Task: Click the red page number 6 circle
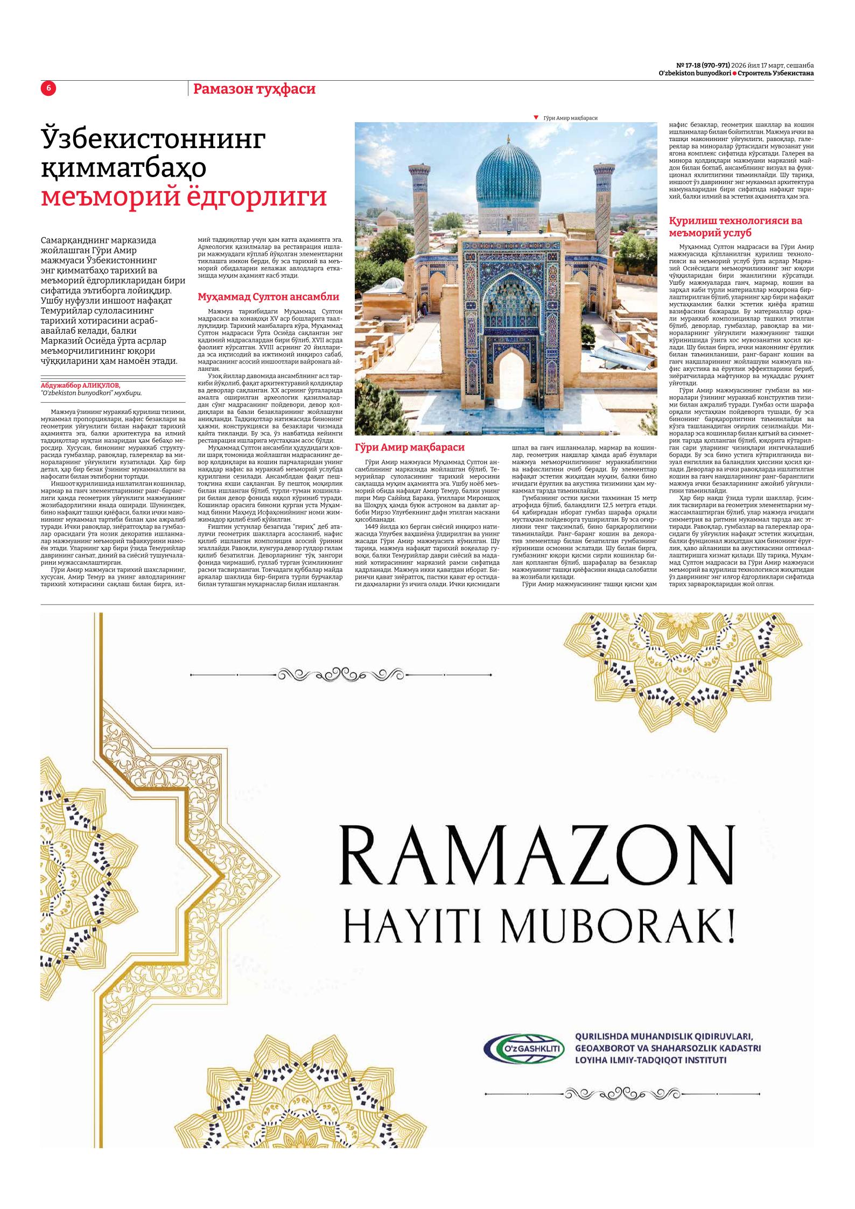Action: tap(48, 88)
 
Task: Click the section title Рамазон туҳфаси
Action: tap(254, 89)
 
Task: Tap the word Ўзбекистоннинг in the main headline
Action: tap(153, 140)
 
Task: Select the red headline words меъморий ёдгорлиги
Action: tap(184, 197)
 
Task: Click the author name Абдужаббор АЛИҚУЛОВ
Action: tap(81, 385)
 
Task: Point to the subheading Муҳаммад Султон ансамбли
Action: tap(268, 297)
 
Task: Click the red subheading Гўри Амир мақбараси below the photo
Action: tap(409, 447)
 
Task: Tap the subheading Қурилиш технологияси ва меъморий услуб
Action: tap(735, 227)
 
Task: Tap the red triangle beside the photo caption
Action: tap(536, 117)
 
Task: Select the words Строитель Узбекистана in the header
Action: tap(775, 73)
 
